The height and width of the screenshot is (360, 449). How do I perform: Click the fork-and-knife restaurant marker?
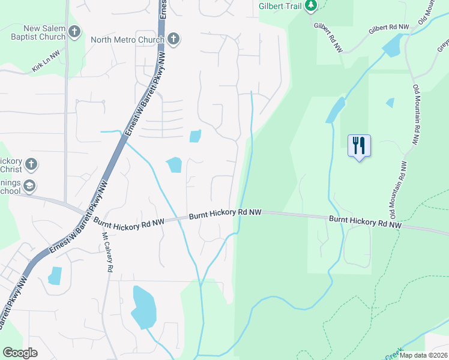[x=359, y=145]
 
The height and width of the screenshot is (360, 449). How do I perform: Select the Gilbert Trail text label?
[x=280, y=7]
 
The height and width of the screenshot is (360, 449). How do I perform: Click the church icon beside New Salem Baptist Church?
[x=74, y=31]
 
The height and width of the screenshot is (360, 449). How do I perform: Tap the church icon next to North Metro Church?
[x=173, y=40]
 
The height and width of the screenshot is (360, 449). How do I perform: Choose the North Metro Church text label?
[x=127, y=40]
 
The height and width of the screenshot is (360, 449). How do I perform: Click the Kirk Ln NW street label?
[x=47, y=62]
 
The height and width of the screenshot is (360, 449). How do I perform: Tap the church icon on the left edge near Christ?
[x=31, y=164]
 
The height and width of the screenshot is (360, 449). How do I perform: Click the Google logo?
[x=20, y=353]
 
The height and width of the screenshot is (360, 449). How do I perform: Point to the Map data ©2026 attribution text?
[x=423, y=355]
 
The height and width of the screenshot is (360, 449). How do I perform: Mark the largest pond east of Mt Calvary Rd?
[x=143, y=307]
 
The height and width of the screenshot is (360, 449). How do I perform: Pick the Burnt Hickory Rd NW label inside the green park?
[x=365, y=223]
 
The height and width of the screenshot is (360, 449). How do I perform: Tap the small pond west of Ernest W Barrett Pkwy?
[x=55, y=275]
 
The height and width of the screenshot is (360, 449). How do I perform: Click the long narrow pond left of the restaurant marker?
[x=335, y=110]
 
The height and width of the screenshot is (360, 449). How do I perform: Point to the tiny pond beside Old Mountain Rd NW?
[x=391, y=103]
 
